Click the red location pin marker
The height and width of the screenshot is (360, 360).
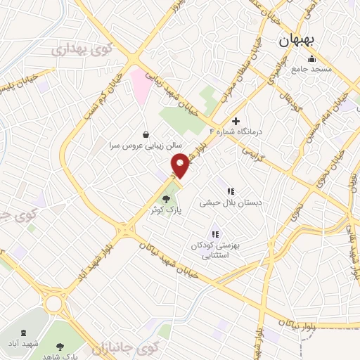[181, 165]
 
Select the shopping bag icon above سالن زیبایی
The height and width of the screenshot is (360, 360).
[146, 134]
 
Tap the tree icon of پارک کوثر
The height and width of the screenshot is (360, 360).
[166, 199]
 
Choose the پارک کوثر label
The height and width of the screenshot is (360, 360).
[163, 210]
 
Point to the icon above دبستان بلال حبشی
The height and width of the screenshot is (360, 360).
[229, 191]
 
